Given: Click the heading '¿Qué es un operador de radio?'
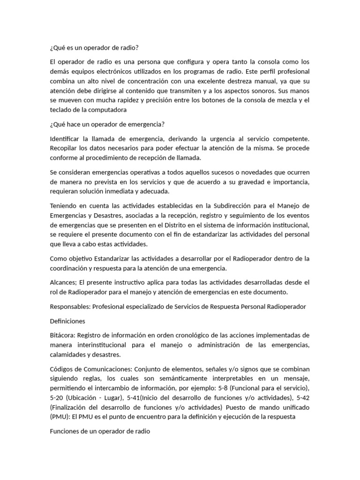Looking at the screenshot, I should point(94,47).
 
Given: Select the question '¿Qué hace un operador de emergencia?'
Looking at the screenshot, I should point(107,124).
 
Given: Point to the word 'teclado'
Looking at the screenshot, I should point(61,110).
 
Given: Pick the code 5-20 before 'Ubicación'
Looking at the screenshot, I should point(57,398).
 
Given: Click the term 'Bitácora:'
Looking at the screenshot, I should point(62,336).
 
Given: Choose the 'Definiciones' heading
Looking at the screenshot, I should point(67,321).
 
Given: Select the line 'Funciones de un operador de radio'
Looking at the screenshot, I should point(99,431).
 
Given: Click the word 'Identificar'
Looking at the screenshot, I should point(65,139).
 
